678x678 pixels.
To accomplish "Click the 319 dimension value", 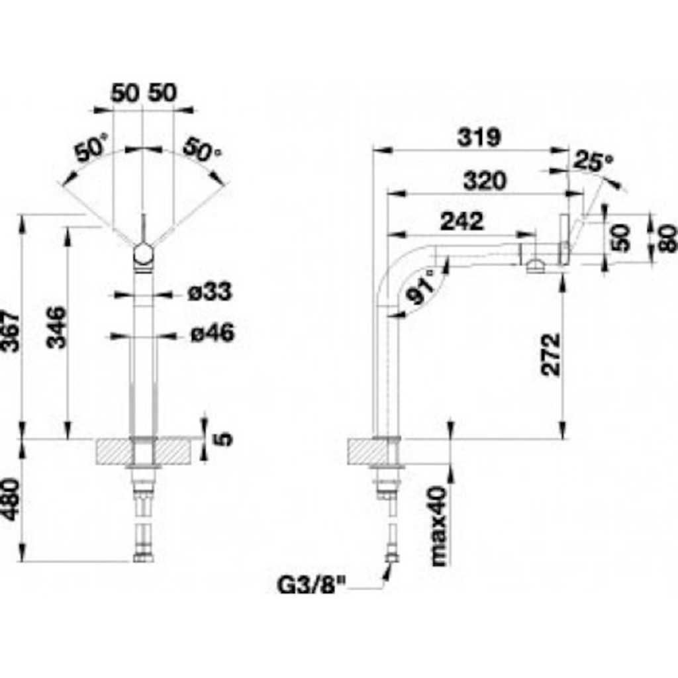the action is [x=479, y=138].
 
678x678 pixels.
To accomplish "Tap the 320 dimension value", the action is [x=484, y=181].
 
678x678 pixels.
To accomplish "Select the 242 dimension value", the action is [x=461, y=221].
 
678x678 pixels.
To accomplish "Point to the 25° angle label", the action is [x=593, y=162].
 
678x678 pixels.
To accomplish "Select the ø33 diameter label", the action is [x=210, y=292].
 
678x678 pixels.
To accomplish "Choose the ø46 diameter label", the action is [x=213, y=333].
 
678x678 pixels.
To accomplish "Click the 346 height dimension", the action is [x=57, y=327].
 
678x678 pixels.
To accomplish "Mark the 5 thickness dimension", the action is [x=224, y=439].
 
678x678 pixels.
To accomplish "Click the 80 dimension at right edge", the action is [x=670, y=238].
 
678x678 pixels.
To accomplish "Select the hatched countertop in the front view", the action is [x=144, y=452].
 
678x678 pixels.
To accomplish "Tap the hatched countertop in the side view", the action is [x=375, y=452].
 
